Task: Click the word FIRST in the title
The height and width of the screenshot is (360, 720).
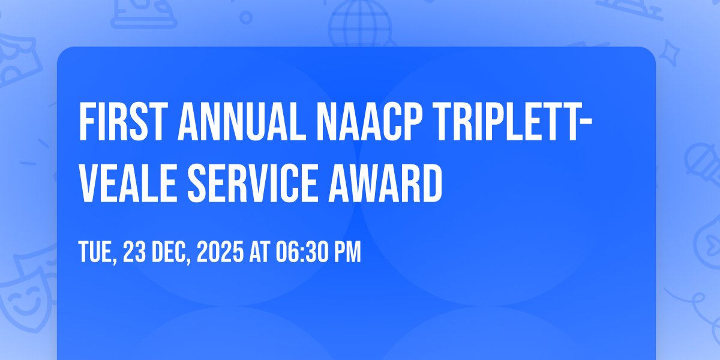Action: tap(124, 121)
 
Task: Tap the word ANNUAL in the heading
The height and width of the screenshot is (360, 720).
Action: tap(242, 121)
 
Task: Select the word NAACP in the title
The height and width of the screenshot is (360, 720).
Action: tap(370, 121)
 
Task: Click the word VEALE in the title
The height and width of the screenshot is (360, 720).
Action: tap(128, 183)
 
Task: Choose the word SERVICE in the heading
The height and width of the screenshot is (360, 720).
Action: tap(253, 183)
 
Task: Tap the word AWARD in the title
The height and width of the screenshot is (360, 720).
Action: tap(385, 183)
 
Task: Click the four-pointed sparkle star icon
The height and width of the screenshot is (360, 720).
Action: tap(670, 53)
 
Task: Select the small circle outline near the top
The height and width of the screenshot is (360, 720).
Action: tap(246, 17)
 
